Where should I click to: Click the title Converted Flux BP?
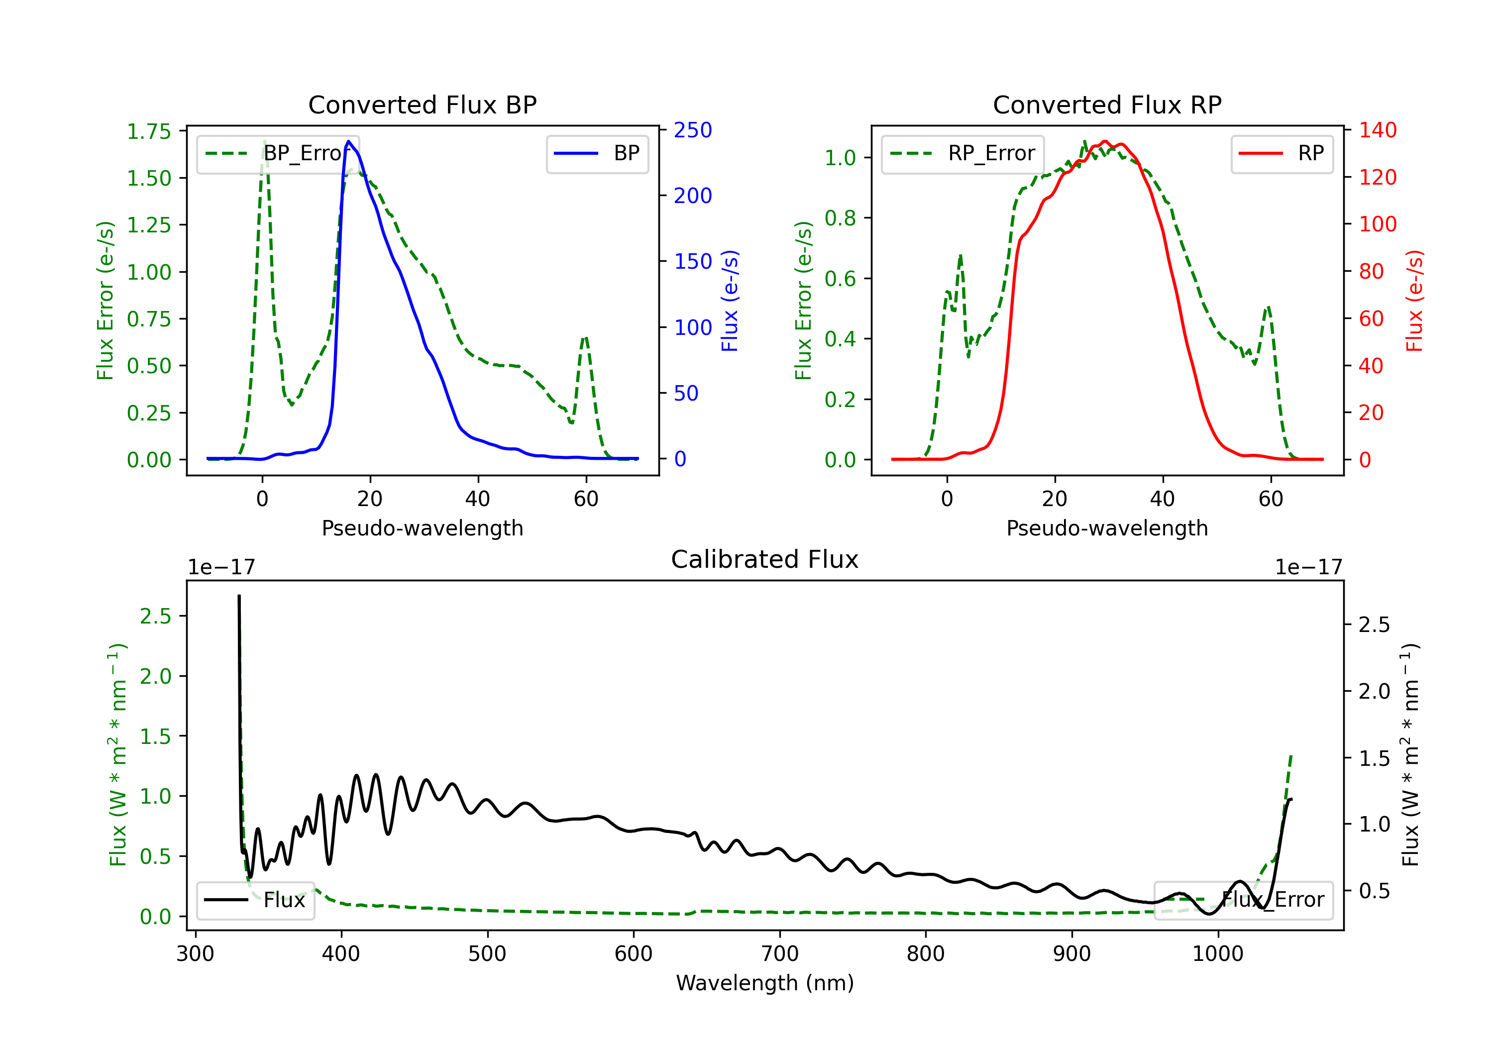tap(423, 104)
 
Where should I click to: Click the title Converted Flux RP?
tap(1107, 104)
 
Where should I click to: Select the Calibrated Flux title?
tap(765, 559)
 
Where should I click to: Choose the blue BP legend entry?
tap(597, 153)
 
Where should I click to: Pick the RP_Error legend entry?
tap(962, 153)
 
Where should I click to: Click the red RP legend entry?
tap(1281, 153)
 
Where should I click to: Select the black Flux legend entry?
tap(255, 900)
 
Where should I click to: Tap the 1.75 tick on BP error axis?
tap(149, 131)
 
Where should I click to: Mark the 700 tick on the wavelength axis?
tap(780, 954)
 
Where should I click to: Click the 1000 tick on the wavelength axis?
tap(1218, 954)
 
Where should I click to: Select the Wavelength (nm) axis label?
tap(765, 983)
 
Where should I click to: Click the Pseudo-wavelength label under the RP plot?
tap(1107, 528)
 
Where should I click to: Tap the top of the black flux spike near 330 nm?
tap(239, 596)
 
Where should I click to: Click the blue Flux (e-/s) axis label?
tap(730, 301)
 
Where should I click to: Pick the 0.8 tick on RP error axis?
tap(840, 218)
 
